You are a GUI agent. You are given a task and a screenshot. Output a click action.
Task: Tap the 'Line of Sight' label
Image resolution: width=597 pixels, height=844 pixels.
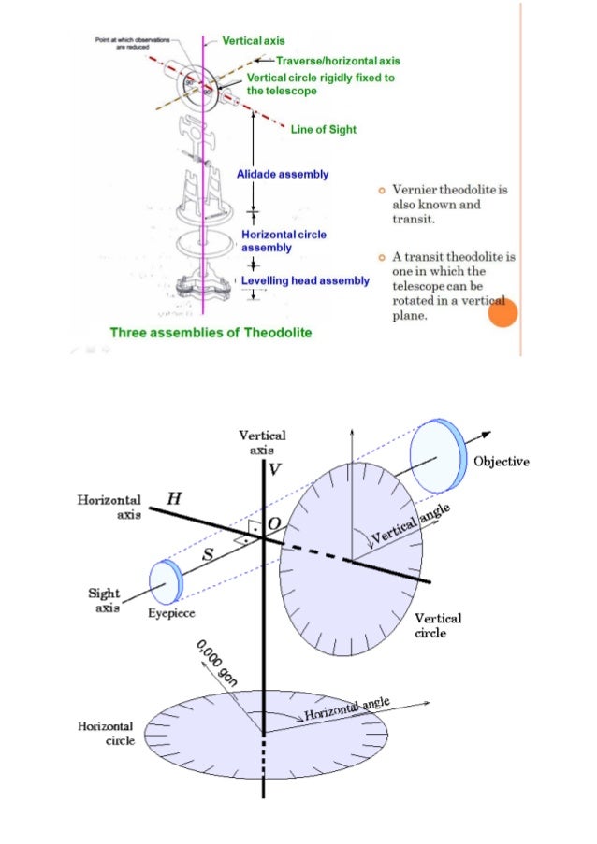click(x=323, y=129)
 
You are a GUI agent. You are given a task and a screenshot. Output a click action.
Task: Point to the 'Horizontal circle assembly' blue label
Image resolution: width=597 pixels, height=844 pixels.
click(x=284, y=241)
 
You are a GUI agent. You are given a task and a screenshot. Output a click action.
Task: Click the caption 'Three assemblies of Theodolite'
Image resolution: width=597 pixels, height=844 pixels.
click(x=211, y=332)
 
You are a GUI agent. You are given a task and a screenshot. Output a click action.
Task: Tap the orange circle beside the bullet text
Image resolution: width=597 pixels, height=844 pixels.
click(x=502, y=313)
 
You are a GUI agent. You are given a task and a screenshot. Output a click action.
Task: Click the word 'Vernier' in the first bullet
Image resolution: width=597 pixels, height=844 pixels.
click(x=415, y=190)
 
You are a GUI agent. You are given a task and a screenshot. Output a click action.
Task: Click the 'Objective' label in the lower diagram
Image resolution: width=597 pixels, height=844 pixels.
click(x=502, y=462)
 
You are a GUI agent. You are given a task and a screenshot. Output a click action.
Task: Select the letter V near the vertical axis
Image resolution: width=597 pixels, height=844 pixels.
click(x=273, y=469)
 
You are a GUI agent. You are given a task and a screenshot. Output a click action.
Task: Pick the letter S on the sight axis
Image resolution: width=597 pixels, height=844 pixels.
click(x=209, y=555)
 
